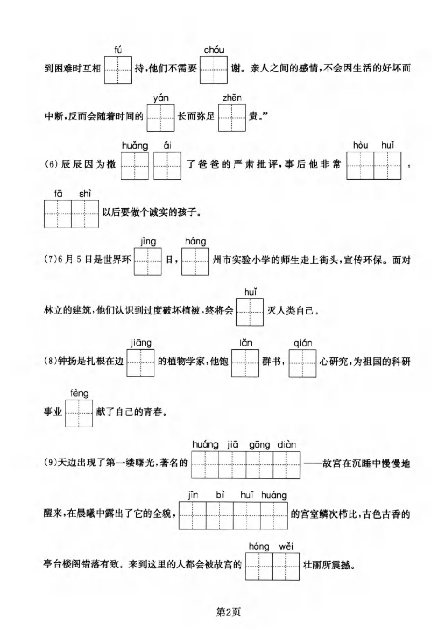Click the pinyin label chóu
[x=214, y=50]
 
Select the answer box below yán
[x=160, y=118]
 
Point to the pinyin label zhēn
[x=232, y=98]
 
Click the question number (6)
[x=51, y=164]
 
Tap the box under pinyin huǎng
[x=135, y=166]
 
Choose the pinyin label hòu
[x=361, y=145]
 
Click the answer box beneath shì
[x=85, y=214]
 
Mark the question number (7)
[x=51, y=259]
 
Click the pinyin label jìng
[x=148, y=242]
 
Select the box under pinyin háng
[x=195, y=262]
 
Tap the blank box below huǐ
[x=250, y=312]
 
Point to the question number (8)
[x=51, y=361]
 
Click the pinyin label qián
[x=302, y=343]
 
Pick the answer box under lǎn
[x=245, y=363]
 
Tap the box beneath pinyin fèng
[x=79, y=413]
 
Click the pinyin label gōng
[x=259, y=446]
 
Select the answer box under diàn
[x=286, y=464]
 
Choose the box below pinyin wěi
[x=286, y=567]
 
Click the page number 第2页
[x=228, y=612]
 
